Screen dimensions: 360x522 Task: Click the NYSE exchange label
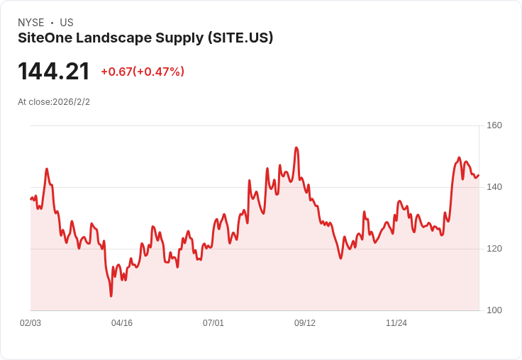pyautogui.click(x=30, y=23)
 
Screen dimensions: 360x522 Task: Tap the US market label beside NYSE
pyautogui.click(x=67, y=23)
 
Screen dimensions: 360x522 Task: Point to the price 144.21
pyautogui.click(x=54, y=72)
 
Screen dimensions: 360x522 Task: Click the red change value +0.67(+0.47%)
pyautogui.click(x=143, y=72)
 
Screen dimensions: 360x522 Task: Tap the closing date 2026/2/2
pyautogui.click(x=72, y=102)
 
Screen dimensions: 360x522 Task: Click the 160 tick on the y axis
pyautogui.click(x=494, y=125)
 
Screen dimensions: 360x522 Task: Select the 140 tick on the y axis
pyautogui.click(x=494, y=187)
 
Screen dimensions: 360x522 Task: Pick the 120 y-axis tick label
pyautogui.click(x=494, y=249)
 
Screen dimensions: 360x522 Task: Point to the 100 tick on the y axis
pyautogui.click(x=494, y=310)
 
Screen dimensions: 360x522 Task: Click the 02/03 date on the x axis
pyautogui.click(x=30, y=323)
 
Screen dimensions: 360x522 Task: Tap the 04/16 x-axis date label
pyautogui.click(x=122, y=323)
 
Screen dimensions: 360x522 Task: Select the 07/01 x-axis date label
pyautogui.click(x=213, y=323)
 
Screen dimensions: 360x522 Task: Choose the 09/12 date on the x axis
pyautogui.click(x=305, y=323)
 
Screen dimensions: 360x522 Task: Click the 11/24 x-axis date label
pyautogui.click(x=396, y=323)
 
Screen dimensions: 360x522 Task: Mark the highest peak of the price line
pyautogui.click(x=296, y=147)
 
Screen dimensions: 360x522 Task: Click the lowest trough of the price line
pyautogui.click(x=111, y=296)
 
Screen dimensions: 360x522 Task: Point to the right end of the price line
pyautogui.click(x=478, y=176)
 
